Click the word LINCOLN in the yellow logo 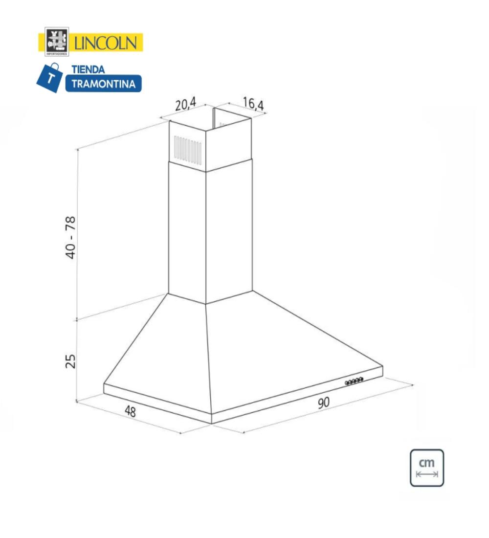point(106,43)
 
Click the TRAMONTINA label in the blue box point(103,83)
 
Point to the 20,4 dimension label point(186,104)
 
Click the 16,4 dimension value point(253,104)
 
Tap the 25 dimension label point(71,361)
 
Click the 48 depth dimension point(130,411)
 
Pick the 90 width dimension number point(323,402)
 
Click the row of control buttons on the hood point(354,381)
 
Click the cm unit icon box point(427,468)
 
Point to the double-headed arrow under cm point(427,474)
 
